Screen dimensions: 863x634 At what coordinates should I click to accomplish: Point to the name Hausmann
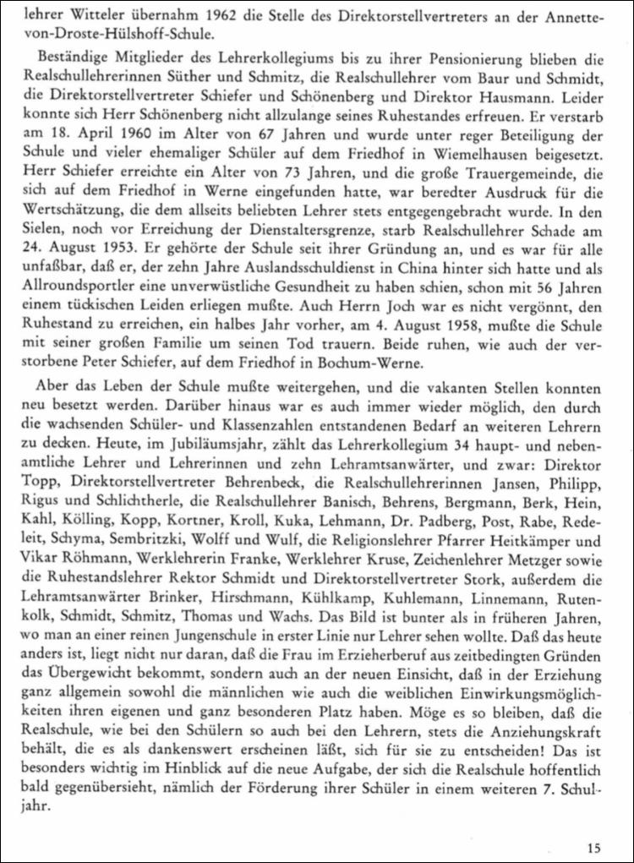point(513,95)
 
